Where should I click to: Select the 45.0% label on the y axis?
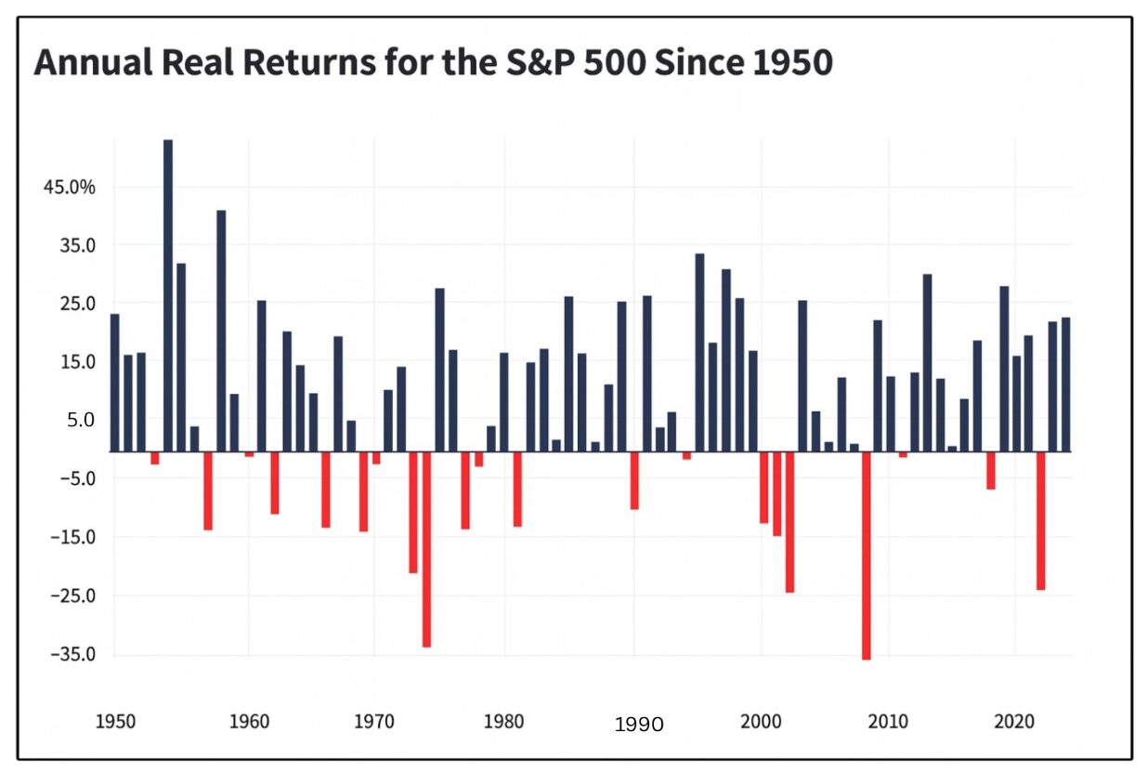pyautogui.click(x=70, y=187)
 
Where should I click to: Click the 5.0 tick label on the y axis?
pyautogui.click(x=81, y=420)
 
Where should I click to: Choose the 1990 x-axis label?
pyautogui.click(x=639, y=725)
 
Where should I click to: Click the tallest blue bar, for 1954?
pyautogui.click(x=168, y=295)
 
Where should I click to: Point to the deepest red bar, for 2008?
pyautogui.click(x=866, y=555)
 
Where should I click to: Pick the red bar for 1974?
pyautogui.click(x=427, y=549)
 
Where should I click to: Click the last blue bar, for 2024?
pyautogui.click(x=1065, y=385)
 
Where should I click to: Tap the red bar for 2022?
pyautogui.click(x=1040, y=520)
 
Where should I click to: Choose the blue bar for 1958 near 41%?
pyautogui.click(x=221, y=331)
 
